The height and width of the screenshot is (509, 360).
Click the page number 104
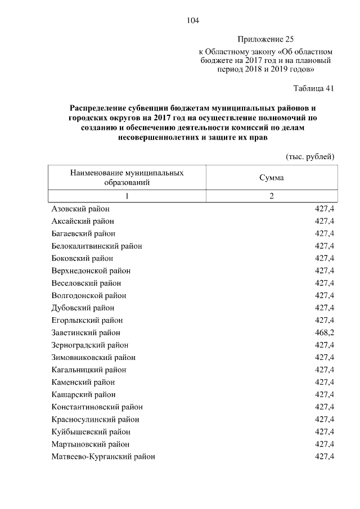tap(193, 21)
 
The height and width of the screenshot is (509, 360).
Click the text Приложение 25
tap(265, 39)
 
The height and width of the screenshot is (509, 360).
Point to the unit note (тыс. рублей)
tap(310, 156)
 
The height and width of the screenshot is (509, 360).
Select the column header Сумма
tap(271, 178)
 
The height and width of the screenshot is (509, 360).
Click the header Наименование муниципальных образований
tap(127, 178)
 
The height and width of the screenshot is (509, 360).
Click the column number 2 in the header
tap(271, 196)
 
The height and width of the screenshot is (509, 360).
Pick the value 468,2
tap(325, 333)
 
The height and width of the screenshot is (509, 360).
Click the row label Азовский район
tap(80, 209)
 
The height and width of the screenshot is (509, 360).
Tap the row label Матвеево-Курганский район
tap(103, 457)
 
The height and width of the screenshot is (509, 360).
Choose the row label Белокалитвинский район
tap(97, 246)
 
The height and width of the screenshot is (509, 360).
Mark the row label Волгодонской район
tap(88, 295)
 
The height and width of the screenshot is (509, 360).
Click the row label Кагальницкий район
tap(89, 370)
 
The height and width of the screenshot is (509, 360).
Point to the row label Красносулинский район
tap(95, 420)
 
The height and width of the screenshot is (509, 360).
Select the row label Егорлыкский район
tap(87, 321)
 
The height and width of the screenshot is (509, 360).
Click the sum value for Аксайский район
tap(325, 221)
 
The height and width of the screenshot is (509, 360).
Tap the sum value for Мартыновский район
tap(325, 444)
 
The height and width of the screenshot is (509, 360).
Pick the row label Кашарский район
tap(83, 395)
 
